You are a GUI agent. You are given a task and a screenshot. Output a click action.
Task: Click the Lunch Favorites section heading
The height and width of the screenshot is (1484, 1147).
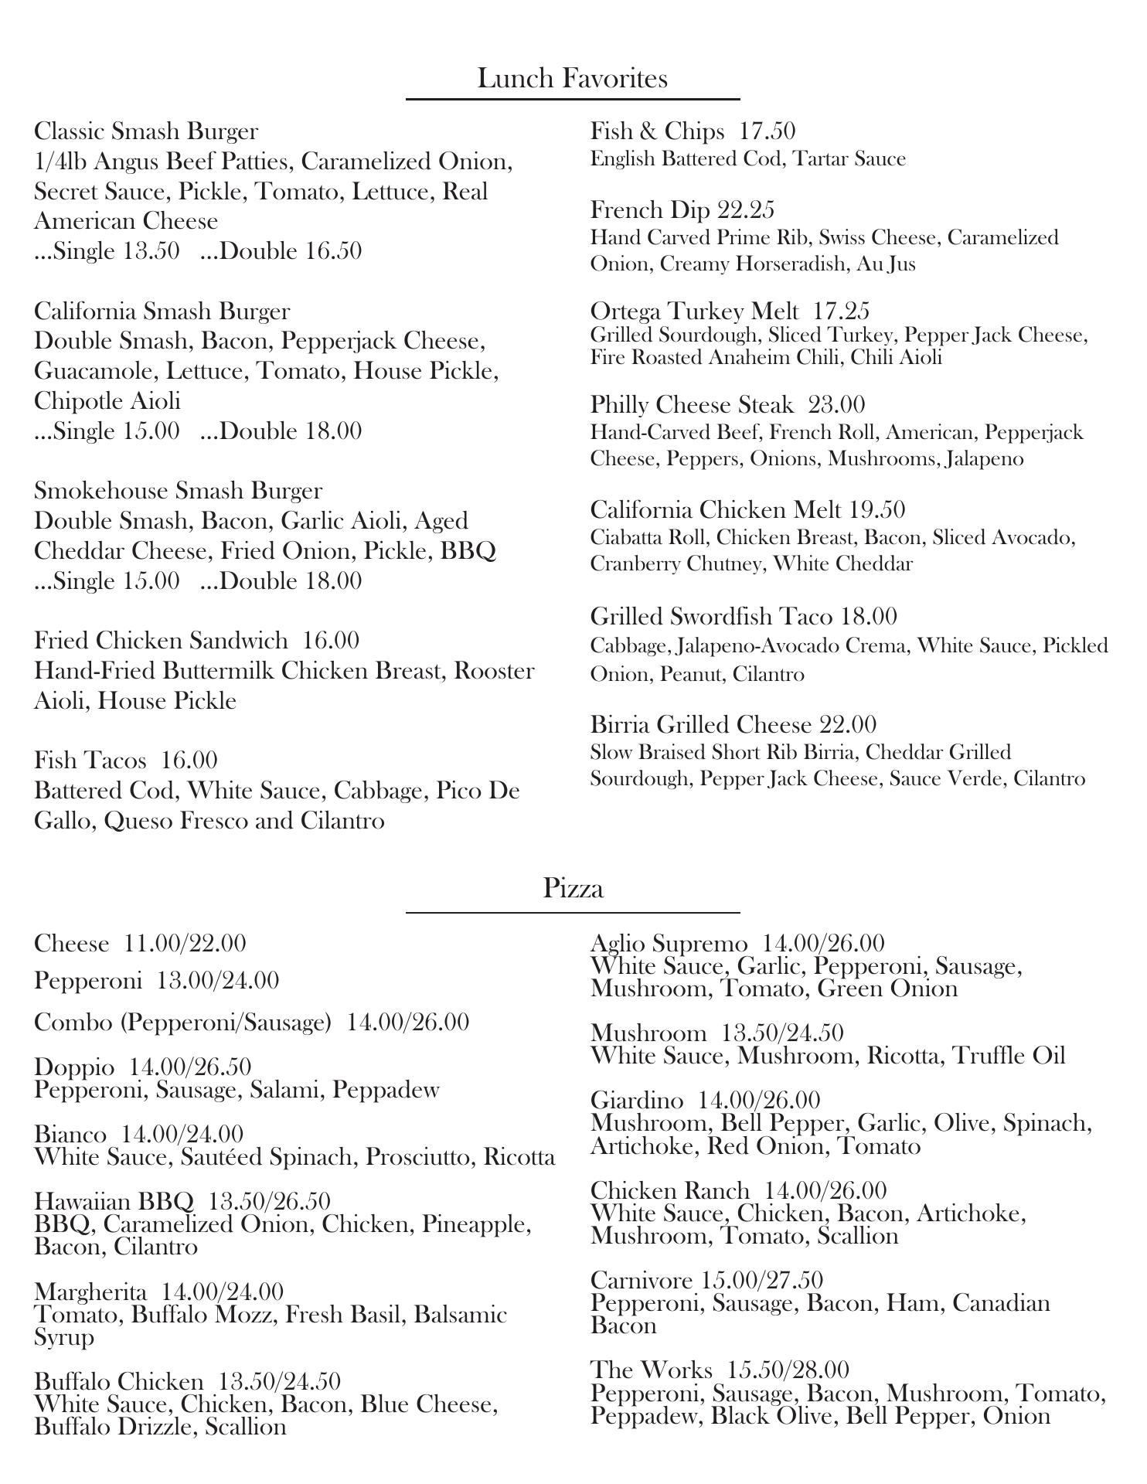[572, 78]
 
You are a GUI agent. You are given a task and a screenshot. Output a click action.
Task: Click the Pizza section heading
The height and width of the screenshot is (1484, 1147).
[573, 888]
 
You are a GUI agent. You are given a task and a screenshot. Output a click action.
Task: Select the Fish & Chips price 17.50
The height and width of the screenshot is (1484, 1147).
[768, 131]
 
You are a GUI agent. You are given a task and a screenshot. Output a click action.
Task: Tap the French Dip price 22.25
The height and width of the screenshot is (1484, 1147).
[746, 210]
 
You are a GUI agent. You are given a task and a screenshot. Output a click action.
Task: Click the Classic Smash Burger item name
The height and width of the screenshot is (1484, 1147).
[146, 131]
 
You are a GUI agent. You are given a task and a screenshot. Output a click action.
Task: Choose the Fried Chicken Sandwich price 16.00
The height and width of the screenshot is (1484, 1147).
[331, 641]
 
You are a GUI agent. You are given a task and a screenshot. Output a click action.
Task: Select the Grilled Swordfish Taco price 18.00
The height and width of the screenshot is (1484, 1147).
[869, 617]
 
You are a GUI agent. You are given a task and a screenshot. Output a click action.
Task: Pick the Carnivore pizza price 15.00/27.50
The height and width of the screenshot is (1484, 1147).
[761, 1281]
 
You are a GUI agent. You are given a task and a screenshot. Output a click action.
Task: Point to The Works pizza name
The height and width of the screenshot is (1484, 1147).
[651, 1370]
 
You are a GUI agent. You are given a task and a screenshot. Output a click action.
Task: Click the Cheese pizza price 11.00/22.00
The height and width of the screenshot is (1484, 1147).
[185, 944]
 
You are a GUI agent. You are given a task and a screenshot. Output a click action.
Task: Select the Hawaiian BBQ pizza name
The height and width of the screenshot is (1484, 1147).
[114, 1202]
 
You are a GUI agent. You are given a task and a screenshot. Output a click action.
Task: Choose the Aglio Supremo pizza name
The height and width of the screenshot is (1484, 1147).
[669, 944]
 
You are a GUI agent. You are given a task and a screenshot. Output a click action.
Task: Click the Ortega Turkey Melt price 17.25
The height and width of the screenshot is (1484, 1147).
[841, 311]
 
